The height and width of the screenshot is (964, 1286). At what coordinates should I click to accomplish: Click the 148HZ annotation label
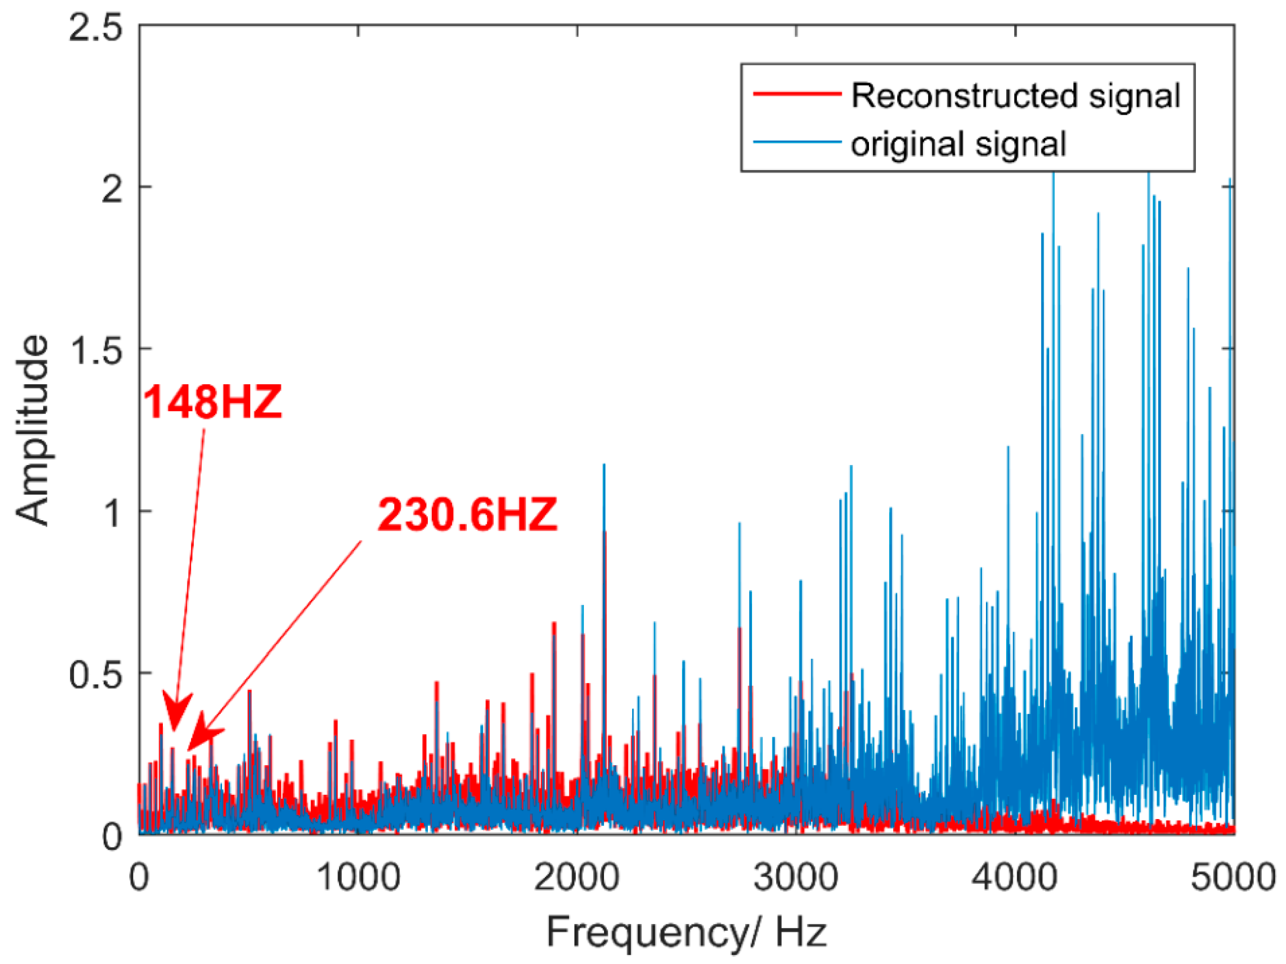pos(212,402)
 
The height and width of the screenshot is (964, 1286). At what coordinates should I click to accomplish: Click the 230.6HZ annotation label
pos(467,515)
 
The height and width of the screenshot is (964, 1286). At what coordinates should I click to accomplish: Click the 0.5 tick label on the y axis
pos(96,674)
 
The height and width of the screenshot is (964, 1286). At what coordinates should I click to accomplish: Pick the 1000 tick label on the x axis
pos(358,877)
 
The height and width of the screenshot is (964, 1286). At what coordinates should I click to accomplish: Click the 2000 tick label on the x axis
pos(577,877)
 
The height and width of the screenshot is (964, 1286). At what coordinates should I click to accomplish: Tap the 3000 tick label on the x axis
pos(796,877)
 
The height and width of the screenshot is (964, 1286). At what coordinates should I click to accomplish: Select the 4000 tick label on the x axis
pos(1015,877)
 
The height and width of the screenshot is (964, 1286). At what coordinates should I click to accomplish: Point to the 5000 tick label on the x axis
pos(1233,877)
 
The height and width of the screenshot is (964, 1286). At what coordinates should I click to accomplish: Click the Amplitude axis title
pos(32,430)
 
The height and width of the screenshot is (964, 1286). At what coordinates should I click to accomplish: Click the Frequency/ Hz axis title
pos(686,932)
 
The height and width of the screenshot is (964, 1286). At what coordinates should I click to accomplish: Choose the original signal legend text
pos(958,143)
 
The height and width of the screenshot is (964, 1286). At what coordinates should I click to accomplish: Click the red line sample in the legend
pos(797,94)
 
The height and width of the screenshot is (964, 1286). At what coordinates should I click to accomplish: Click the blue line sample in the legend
pos(797,142)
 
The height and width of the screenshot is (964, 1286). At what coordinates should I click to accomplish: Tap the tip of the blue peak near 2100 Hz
pos(604,465)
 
